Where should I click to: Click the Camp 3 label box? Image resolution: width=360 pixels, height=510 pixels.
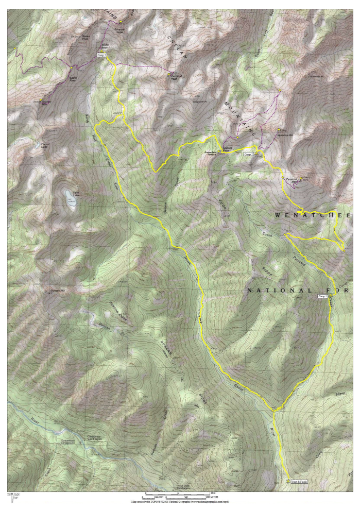(101, 55)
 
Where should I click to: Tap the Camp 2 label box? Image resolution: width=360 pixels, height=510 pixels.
(247, 154)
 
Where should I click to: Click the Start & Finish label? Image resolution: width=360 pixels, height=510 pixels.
(299, 482)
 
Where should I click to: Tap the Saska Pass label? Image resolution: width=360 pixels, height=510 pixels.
(73, 79)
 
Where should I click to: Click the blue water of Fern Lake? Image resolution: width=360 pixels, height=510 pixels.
(68, 198)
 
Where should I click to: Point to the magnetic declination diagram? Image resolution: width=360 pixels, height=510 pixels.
(12, 497)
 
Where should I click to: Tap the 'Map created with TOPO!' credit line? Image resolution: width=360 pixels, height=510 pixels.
(180, 501)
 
